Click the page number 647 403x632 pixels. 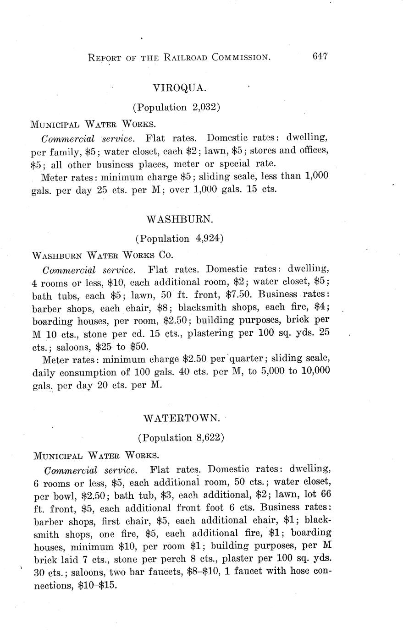coord(320,56)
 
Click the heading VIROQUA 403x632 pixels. coord(176,87)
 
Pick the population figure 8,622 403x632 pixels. coord(207,438)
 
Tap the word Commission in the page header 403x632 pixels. coord(240,58)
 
